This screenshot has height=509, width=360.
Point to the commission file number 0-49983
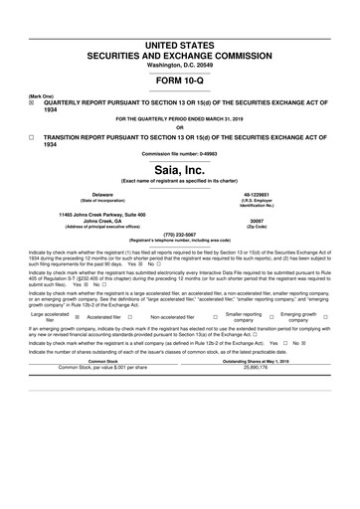point(179,154)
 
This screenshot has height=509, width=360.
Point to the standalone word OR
point(179,127)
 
